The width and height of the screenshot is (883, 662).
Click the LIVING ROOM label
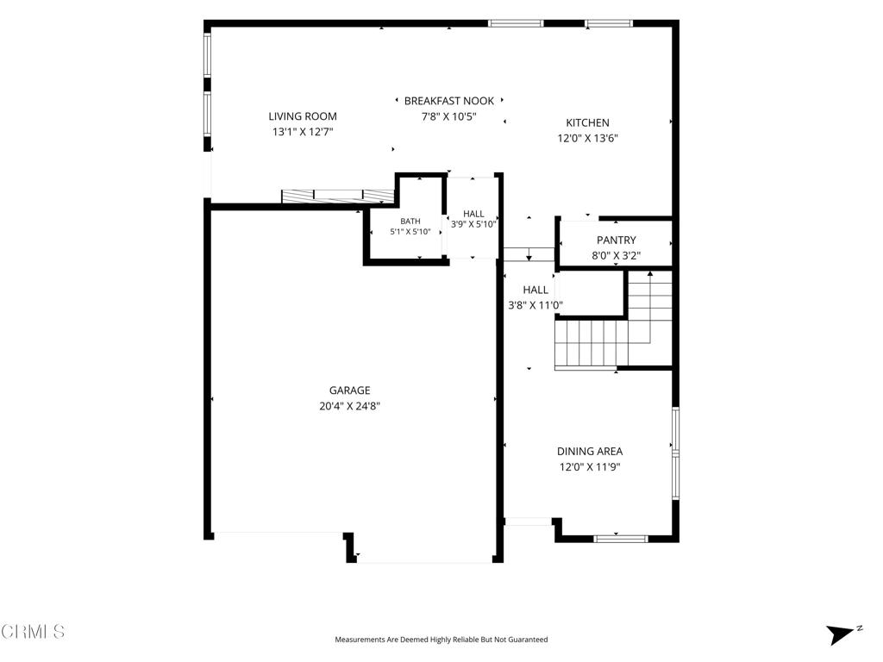point(303,116)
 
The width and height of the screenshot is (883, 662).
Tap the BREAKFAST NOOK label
point(448,101)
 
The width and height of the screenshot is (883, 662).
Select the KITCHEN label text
point(587,122)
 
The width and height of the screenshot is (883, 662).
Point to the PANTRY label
point(616,240)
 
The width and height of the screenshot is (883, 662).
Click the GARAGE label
point(350,390)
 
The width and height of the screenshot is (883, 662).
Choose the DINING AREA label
point(590,452)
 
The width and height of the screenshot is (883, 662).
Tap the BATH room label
point(410,222)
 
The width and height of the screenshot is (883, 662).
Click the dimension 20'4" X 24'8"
point(350,406)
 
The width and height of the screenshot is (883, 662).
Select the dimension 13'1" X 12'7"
point(303,132)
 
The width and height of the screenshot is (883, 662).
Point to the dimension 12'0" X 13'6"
point(587,139)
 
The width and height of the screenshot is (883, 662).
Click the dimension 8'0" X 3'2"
point(616,255)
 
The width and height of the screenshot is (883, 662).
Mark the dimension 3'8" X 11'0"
point(535,306)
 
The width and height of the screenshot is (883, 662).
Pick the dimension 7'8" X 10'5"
point(448,116)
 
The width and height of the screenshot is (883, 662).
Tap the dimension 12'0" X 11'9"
point(590,466)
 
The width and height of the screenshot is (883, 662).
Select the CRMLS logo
point(33,632)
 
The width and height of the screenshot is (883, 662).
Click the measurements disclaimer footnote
point(441,640)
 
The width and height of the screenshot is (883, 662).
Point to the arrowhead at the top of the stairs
point(650,273)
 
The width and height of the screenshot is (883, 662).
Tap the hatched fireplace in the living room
point(337,196)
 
